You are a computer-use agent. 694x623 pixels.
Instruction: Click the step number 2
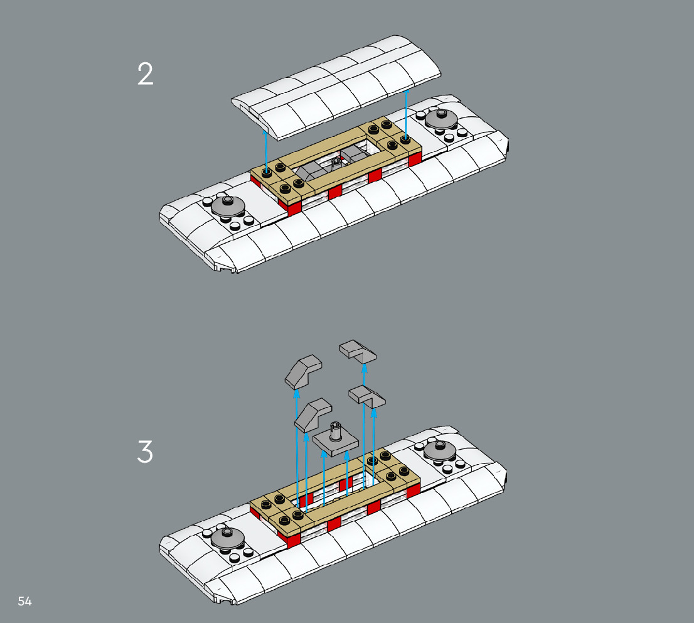point(145,75)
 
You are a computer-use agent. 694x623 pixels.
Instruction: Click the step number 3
point(145,452)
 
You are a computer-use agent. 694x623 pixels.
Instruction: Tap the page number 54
point(25,601)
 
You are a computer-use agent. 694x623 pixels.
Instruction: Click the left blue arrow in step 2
point(267,151)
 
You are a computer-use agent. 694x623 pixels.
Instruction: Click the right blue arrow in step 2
point(407,113)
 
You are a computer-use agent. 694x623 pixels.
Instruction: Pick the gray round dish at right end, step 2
point(441,117)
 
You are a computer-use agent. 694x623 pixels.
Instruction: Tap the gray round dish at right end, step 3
point(440,448)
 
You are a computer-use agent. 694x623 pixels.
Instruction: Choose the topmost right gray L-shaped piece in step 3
point(358,351)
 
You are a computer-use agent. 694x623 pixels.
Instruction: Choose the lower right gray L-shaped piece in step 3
point(367,395)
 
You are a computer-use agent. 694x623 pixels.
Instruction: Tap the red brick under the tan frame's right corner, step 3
point(414,490)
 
